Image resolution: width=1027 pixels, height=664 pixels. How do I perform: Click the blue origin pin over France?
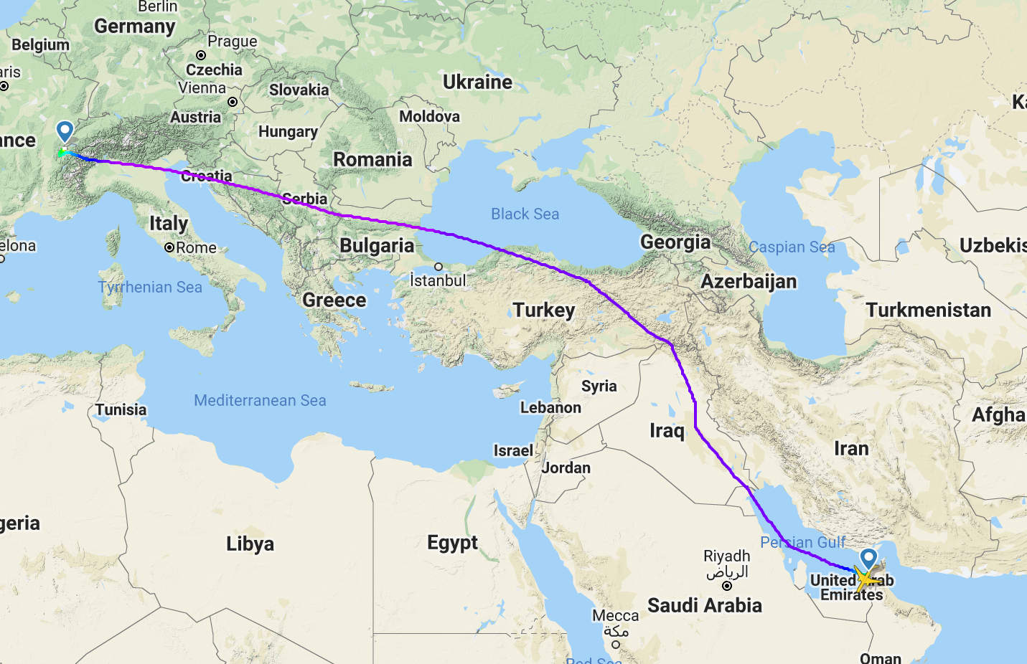point(65,131)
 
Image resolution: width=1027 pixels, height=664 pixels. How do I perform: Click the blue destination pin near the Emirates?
point(868,557)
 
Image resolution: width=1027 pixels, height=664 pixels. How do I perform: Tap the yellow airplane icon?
point(866,578)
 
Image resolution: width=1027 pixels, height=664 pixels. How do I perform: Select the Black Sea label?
point(525,214)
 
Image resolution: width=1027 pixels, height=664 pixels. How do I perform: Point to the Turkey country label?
point(543,310)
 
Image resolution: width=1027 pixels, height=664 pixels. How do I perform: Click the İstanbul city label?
point(438,280)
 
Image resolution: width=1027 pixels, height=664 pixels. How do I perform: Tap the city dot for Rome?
point(169,247)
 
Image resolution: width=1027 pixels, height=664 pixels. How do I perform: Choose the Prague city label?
point(232,42)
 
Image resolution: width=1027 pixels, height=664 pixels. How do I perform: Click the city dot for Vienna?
point(233,102)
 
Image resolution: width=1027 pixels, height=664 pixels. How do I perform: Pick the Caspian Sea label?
point(791,247)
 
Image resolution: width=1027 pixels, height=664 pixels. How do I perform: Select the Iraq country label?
point(667,430)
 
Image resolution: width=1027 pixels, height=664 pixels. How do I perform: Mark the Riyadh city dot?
point(726,586)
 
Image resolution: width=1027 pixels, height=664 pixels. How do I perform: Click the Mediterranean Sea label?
point(260,400)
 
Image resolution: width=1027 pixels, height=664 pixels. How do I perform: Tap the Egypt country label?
point(452,542)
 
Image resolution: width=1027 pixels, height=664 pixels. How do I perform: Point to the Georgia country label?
point(675,242)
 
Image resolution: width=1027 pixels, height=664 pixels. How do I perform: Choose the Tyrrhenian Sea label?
point(150,287)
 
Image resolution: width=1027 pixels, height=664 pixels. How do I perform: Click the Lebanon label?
point(550,407)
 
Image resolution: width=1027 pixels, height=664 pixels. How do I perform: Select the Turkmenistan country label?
point(928,310)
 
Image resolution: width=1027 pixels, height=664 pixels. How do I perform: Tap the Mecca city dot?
point(616,644)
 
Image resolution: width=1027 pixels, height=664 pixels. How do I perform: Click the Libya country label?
point(250,544)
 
